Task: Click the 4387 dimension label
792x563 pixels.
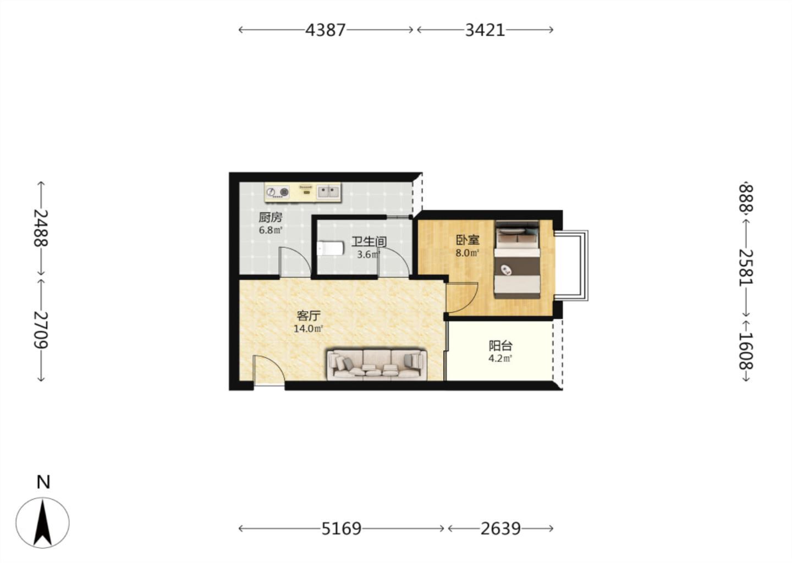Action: [325, 30]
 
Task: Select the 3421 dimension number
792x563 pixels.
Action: [485, 30]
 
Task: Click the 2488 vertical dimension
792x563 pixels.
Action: [41, 228]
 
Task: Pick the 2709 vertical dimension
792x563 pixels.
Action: [41, 330]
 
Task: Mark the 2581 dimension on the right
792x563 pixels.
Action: [746, 267]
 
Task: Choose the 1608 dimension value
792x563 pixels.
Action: [746, 351]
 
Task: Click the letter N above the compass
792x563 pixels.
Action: [43, 482]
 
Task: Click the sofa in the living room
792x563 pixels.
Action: [377, 365]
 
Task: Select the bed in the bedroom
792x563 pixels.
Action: [517, 260]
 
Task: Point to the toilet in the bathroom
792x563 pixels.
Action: [330, 248]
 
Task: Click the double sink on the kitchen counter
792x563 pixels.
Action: [328, 192]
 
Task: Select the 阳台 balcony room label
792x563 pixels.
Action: [501, 346]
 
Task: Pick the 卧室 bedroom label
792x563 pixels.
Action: [468, 240]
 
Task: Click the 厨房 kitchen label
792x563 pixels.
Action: [271, 217]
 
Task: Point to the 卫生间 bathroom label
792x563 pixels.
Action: [369, 242]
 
